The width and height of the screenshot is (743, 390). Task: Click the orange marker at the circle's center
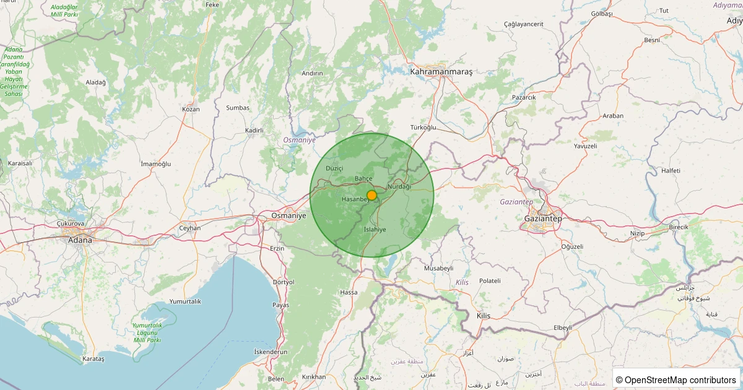click(x=371, y=194)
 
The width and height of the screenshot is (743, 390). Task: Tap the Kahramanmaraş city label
click(x=441, y=72)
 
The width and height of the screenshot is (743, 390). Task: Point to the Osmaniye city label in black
click(x=289, y=215)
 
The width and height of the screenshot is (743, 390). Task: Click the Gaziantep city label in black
click(x=542, y=219)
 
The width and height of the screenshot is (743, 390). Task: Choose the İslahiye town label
click(x=375, y=229)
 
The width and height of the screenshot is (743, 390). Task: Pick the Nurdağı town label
click(x=399, y=186)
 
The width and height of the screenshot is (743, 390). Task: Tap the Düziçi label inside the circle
click(x=334, y=168)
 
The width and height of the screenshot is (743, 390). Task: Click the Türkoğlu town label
click(x=424, y=127)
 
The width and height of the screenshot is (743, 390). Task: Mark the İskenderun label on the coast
click(x=271, y=352)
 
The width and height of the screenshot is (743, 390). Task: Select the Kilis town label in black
click(x=483, y=316)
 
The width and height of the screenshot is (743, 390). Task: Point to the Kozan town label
click(x=191, y=109)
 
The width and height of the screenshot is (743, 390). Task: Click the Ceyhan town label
click(x=190, y=228)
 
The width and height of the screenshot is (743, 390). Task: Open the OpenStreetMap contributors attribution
click(x=676, y=379)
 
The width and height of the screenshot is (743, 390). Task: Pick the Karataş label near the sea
click(x=94, y=359)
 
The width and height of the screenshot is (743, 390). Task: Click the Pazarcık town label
click(x=524, y=97)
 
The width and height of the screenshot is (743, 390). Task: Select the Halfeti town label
click(x=671, y=170)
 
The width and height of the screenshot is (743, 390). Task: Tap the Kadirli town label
click(x=254, y=131)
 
